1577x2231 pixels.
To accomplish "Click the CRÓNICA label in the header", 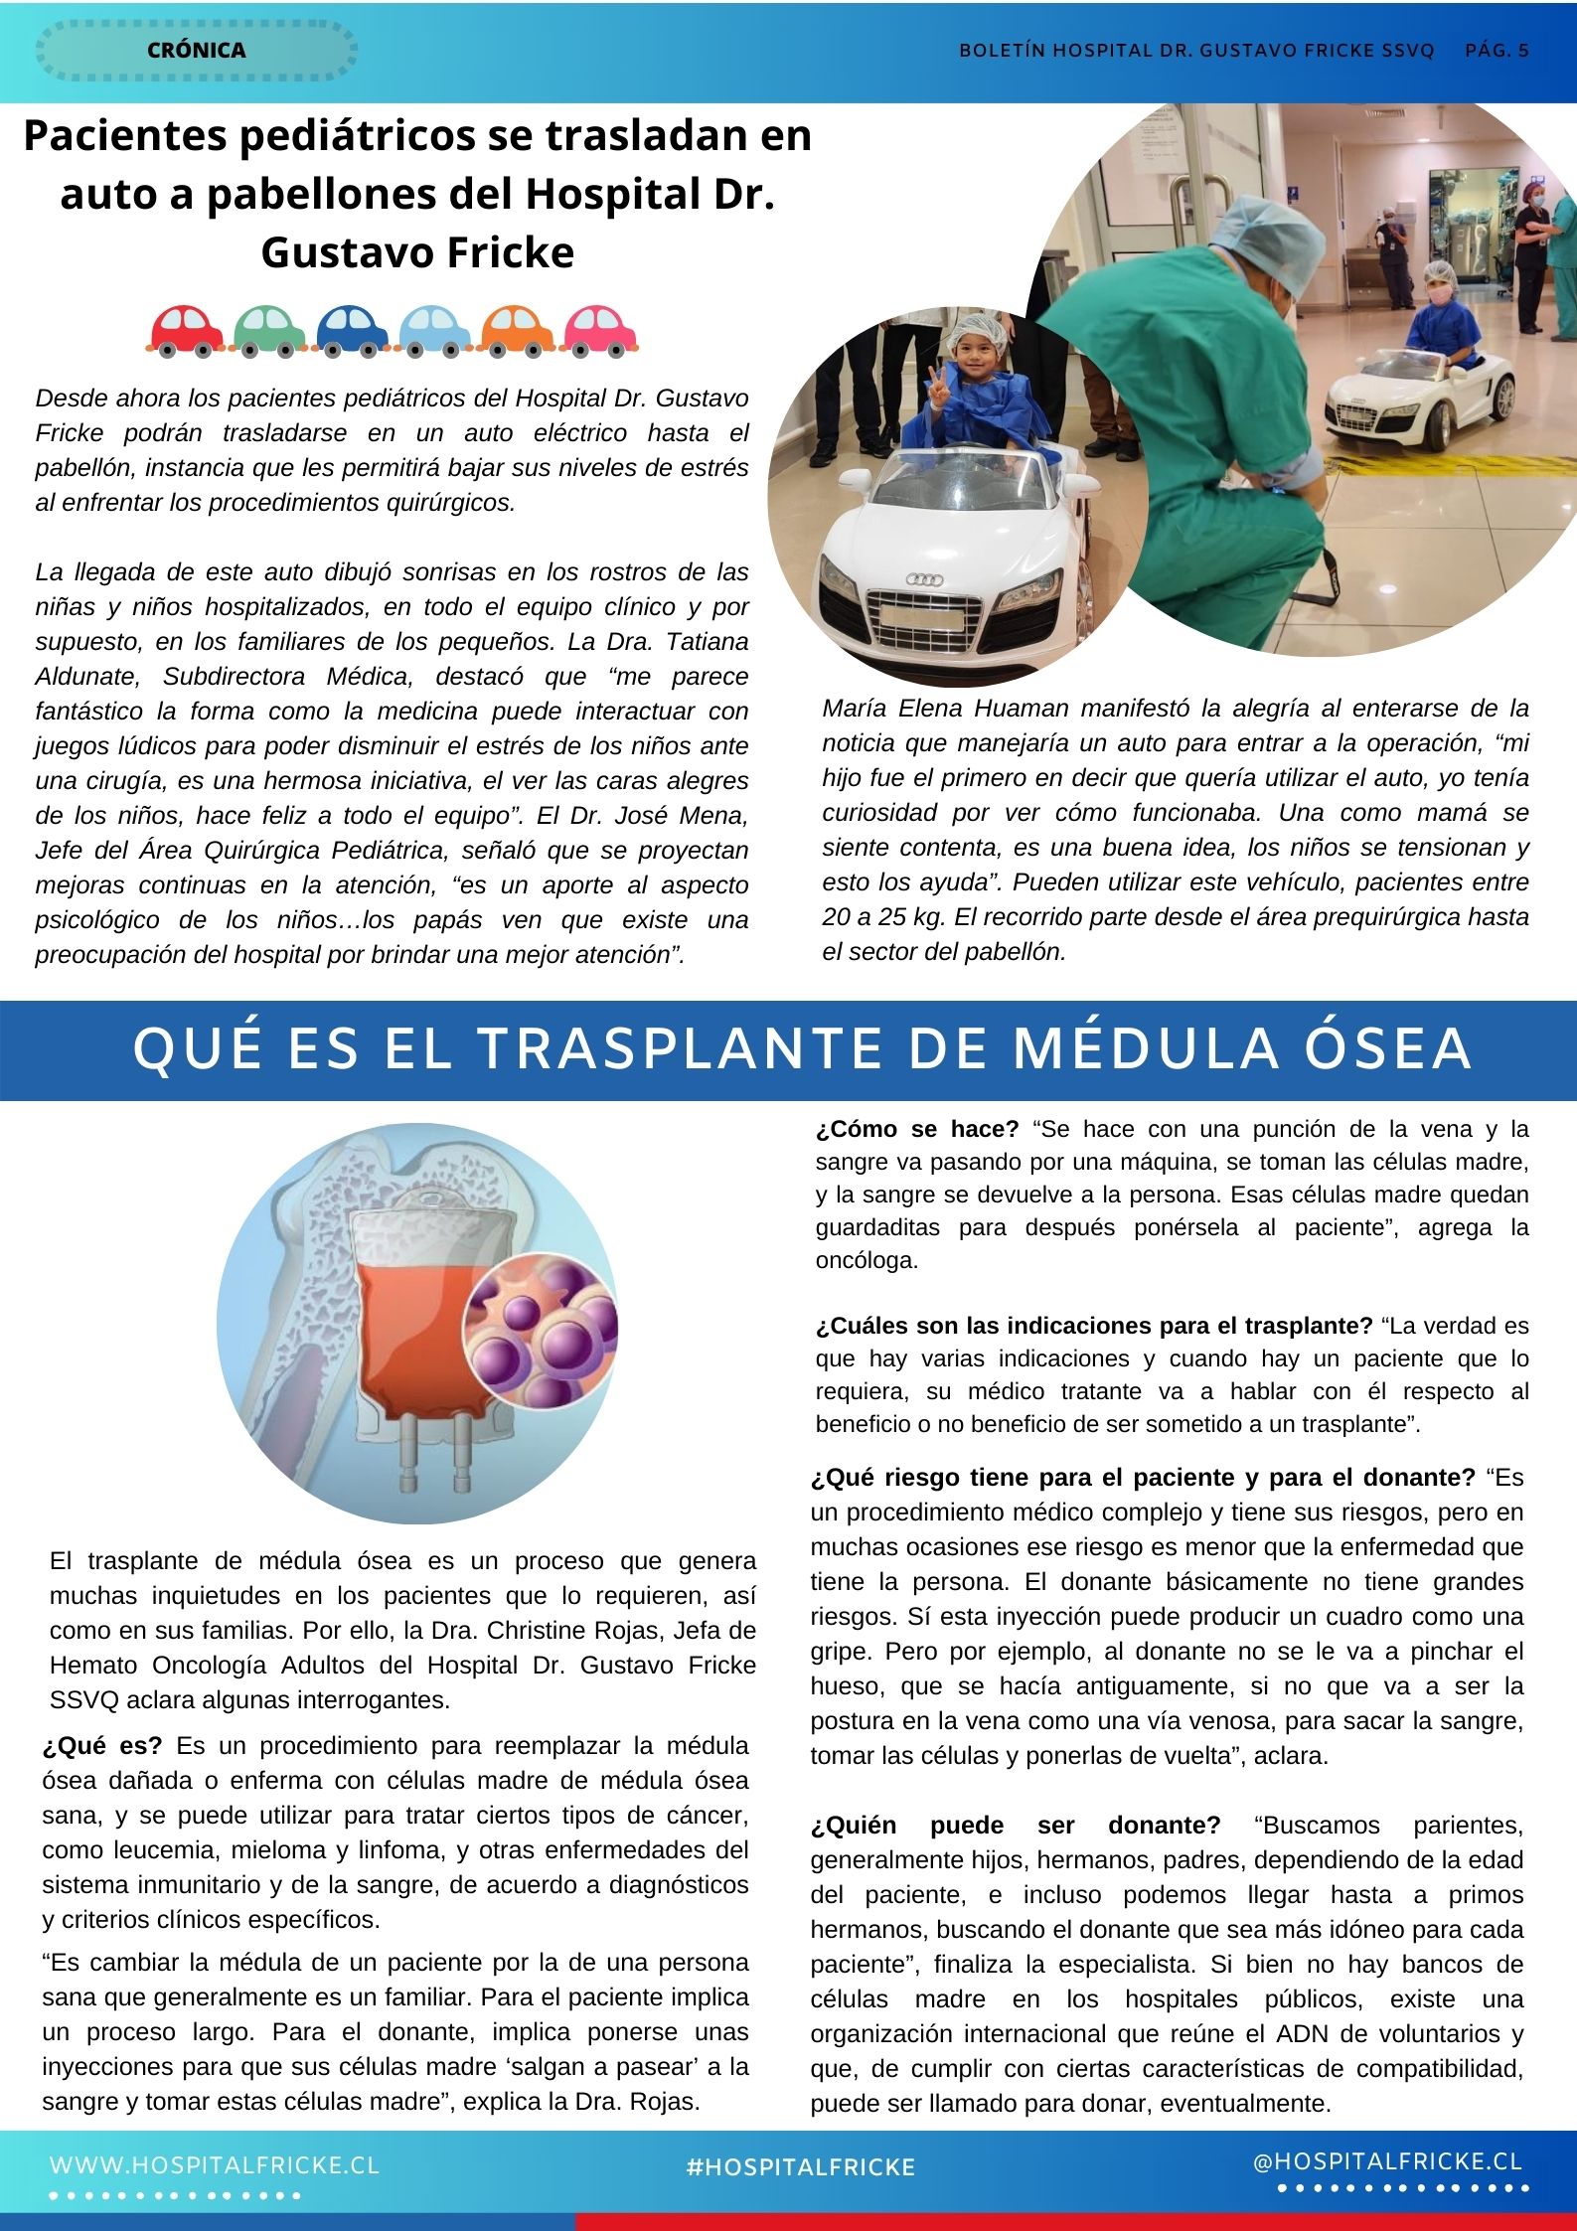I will coord(196,50).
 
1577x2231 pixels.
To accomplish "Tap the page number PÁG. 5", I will coord(1497,51).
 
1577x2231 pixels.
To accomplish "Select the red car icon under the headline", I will coord(185,330).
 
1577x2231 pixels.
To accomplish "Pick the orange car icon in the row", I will coord(517,330).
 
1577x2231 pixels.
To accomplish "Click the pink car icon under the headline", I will coord(600,330).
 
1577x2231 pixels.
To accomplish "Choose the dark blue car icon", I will coord(352,330).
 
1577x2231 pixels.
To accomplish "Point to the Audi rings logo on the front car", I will coord(925,579).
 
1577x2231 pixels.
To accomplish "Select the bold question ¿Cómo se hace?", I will coord(917,1129).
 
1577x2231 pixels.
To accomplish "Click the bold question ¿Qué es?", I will coord(103,1746).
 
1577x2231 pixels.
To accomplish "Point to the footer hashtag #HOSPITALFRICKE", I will coord(800,2167).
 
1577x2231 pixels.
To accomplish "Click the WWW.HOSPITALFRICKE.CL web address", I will coord(215,2164).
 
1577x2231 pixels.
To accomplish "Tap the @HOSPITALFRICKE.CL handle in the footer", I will coord(1387,2161).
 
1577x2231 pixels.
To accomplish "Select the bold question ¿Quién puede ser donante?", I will coord(1014,1826).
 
